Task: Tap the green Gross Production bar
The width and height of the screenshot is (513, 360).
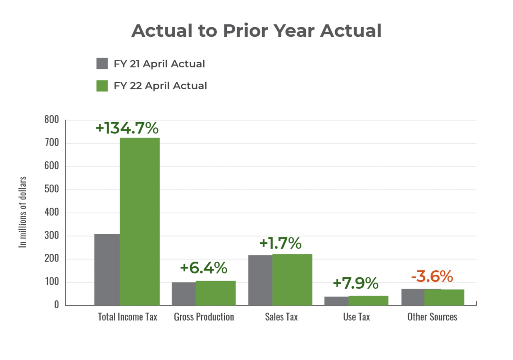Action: click(x=216, y=293)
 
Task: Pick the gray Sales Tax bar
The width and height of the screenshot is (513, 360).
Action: click(x=260, y=280)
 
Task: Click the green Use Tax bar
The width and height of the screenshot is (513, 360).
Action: click(x=368, y=300)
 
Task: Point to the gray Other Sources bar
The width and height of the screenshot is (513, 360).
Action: click(x=413, y=297)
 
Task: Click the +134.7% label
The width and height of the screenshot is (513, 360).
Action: click(x=127, y=128)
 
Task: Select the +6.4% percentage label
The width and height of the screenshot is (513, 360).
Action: click(x=204, y=268)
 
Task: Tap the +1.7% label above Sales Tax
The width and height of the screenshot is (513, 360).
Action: click(x=280, y=243)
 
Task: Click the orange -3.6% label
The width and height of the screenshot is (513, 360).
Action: click(x=432, y=276)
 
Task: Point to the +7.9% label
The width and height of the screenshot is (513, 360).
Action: click(x=355, y=283)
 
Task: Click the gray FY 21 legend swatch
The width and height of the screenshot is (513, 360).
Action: click(x=102, y=64)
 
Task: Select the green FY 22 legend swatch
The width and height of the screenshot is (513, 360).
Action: click(x=102, y=86)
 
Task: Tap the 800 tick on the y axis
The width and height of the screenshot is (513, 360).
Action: click(x=51, y=120)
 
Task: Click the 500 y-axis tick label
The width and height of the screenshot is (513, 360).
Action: click(x=51, y=189)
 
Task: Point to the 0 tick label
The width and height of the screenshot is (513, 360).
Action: click(x=56, y=305)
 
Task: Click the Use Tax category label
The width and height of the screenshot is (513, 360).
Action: click(x=356, y=317)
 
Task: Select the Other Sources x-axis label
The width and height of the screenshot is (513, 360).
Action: click(x=432, y=317)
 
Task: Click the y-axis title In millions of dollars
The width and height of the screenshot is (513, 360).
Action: click(x=24, y=212)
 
